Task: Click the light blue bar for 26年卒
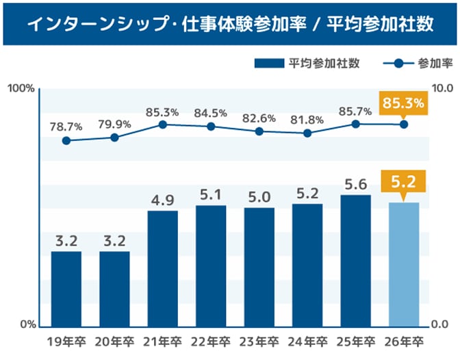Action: (x=404, y=263)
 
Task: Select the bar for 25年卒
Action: (x=355, y=260)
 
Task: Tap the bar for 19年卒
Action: (x=66, y=288)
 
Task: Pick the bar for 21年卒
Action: (x=163, y=268)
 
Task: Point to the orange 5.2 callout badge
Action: (x=404, y=182)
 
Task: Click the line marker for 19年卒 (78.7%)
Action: (x=66, y=140)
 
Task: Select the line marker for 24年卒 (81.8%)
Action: (x=307, y=133)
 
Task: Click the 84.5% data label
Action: (x=211, y=112)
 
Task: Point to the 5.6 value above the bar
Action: (x=355, y=183)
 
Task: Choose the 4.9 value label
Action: (x=163, y=199)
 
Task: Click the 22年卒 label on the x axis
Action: (x=211, y=341)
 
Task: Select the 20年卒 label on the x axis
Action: (x=114, y=341)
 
